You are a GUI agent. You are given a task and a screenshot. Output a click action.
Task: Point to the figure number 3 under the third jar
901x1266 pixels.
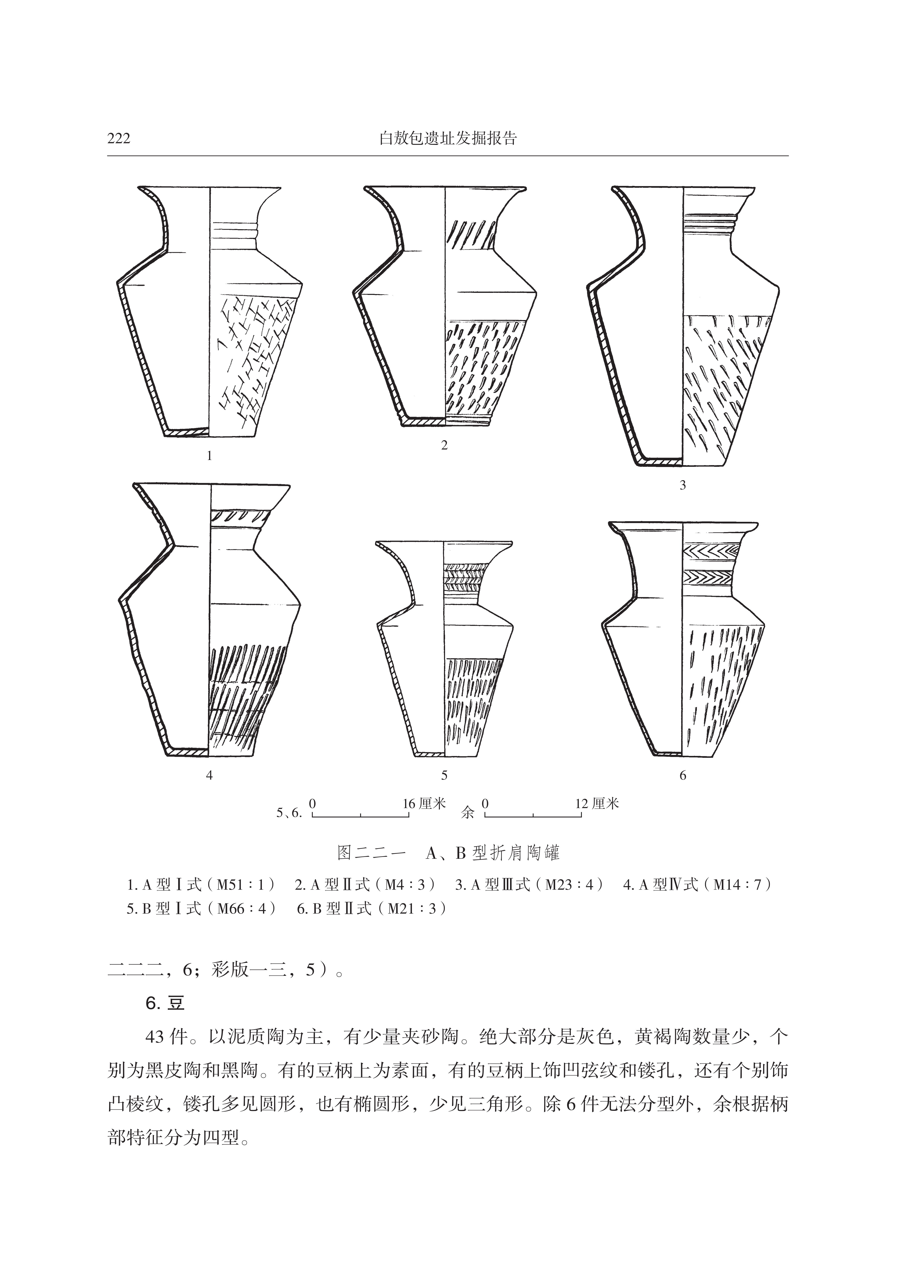[x=683, y=485]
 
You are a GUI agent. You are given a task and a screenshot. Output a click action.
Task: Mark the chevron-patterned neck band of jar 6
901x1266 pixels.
[x=712, y=551]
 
